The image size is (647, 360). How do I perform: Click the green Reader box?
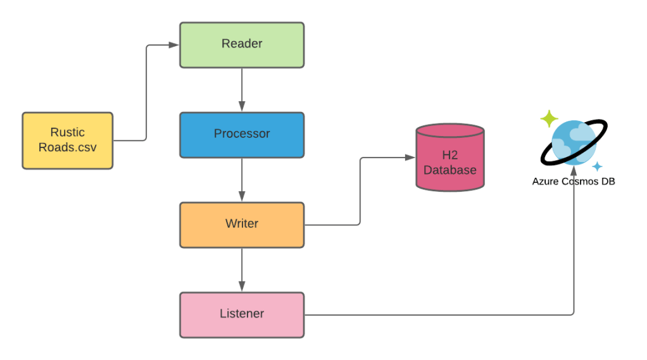[241, 44]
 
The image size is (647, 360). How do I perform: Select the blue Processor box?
[241, 134]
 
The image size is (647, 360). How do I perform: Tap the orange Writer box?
[241, 224]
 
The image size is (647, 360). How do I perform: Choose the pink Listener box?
[241, 314]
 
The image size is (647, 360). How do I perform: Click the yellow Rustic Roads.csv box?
[67, 140]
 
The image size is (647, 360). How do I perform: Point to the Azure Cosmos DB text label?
[574, 181]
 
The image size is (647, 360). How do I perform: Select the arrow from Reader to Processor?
[241, 89]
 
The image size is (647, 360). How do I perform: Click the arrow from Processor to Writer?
[241, 179]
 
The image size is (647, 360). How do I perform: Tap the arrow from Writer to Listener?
[241, 269]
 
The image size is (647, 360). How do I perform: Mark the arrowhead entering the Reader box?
[175, 45]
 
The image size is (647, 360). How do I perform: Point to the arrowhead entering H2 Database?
[410, 158]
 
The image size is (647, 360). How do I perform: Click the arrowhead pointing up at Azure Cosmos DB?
[574, 192]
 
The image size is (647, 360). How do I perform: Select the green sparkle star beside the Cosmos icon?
[548, 118]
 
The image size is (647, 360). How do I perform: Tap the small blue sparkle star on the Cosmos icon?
[596, 166]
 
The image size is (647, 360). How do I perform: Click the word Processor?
[241, 134]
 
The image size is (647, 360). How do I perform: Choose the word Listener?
[241, 314]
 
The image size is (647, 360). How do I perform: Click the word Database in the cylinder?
[449, 170]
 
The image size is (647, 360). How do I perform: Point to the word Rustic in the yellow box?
[67, 133]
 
